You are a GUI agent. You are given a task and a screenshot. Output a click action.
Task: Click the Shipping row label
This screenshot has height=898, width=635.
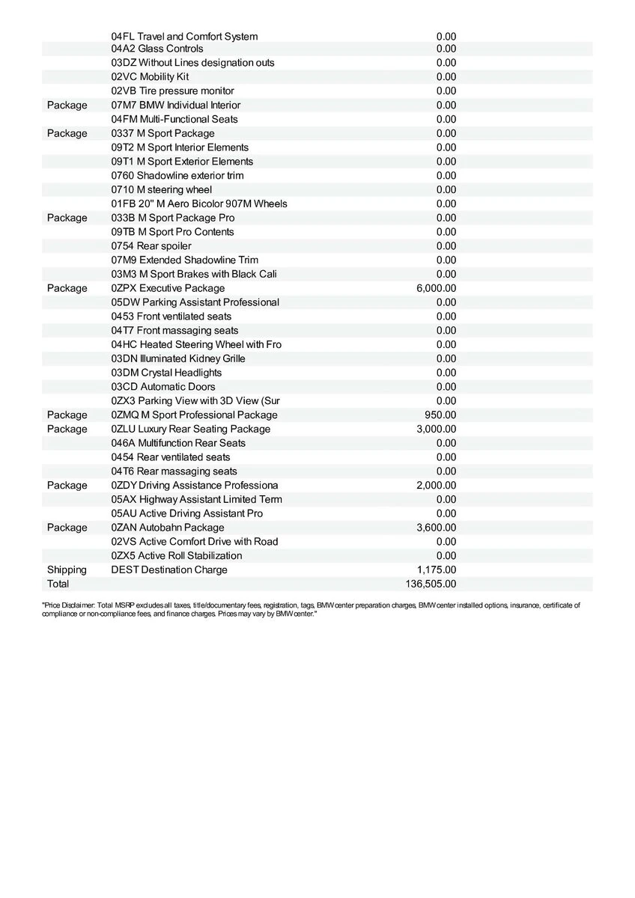67,569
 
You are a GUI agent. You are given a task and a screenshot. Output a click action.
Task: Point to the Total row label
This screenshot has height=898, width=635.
58,584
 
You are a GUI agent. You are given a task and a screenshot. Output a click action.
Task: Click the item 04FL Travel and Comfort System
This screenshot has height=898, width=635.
184,36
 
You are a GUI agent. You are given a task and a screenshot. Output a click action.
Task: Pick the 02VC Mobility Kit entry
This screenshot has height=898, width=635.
150,76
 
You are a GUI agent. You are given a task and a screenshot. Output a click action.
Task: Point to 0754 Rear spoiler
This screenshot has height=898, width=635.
151,245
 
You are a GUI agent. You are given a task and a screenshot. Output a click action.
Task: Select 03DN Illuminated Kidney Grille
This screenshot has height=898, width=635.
178,358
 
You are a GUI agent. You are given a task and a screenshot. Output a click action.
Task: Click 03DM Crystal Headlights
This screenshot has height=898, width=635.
166,373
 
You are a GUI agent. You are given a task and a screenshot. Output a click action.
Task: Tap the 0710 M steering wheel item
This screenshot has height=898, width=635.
161,189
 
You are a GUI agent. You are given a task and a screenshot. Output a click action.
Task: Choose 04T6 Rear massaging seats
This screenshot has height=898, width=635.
174,471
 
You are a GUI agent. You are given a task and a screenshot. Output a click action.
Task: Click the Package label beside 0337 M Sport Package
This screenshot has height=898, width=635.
67,133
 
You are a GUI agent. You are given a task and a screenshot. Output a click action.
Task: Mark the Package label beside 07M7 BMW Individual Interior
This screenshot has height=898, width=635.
67,105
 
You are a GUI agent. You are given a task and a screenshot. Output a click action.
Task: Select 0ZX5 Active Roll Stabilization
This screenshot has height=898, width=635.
177,555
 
